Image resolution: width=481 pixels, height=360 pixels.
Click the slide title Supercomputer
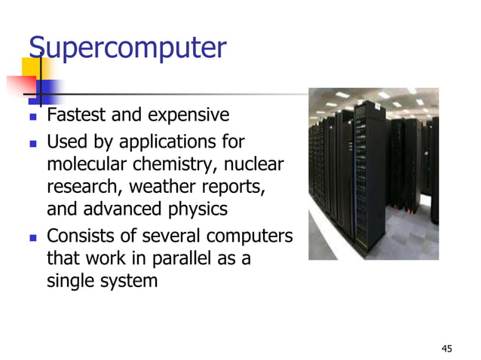click(127, 47)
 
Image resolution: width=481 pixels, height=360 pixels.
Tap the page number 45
click(447, 348)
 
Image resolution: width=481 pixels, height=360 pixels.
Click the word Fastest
click(75, 116)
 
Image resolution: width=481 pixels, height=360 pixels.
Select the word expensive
click(188, 116)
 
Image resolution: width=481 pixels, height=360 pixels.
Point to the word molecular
click(82, 163)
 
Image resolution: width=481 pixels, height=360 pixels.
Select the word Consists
click(78, 236)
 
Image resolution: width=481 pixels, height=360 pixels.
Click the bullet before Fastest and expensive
click(32, 117)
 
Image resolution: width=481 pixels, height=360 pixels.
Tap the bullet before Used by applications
click(32, 142)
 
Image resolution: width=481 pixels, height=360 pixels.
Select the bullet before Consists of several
click(32, 237)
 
